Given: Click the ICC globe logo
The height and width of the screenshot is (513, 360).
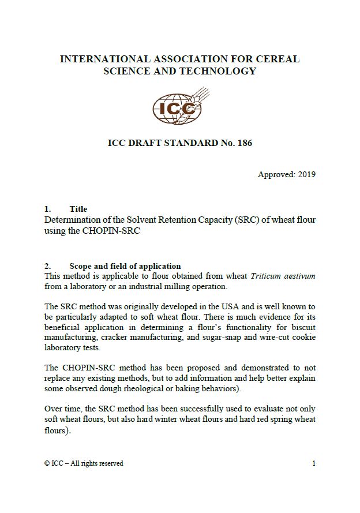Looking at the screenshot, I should tap(179, 107).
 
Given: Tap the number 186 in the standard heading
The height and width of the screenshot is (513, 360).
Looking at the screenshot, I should tap(244, 143).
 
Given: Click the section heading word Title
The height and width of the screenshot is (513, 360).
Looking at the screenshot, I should tap(78, 209).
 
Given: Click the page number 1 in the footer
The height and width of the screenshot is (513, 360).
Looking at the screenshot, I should tap(314, 463).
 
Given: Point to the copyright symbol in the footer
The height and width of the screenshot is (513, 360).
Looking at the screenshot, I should tap(47, 463).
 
